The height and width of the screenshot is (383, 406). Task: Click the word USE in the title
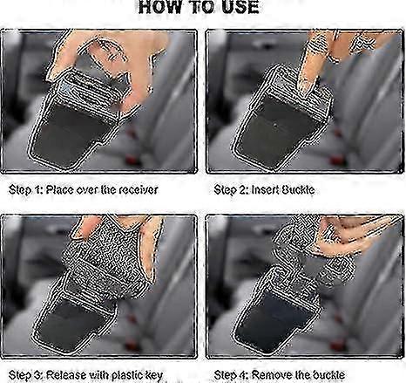[x=240, y=7]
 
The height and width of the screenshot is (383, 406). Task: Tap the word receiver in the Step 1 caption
[x=139, y=190]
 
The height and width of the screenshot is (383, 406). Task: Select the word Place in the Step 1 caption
[x=60, y=190]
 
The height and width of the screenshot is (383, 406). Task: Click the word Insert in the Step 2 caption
[x=265, y=190]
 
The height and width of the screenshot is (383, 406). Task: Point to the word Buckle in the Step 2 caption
[x=298, y=190]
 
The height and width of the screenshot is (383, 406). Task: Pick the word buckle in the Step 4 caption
[x=328, y=375]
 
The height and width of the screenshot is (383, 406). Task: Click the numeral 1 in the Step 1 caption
[x=37, y=190]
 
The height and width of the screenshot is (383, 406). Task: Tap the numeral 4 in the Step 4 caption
[x=243, y=375]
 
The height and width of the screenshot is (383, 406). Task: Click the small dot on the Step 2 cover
[x=274, y=126]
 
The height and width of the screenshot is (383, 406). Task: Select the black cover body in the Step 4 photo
[x=276, y=323]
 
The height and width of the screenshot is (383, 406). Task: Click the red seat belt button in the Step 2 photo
[x=337, y=160]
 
